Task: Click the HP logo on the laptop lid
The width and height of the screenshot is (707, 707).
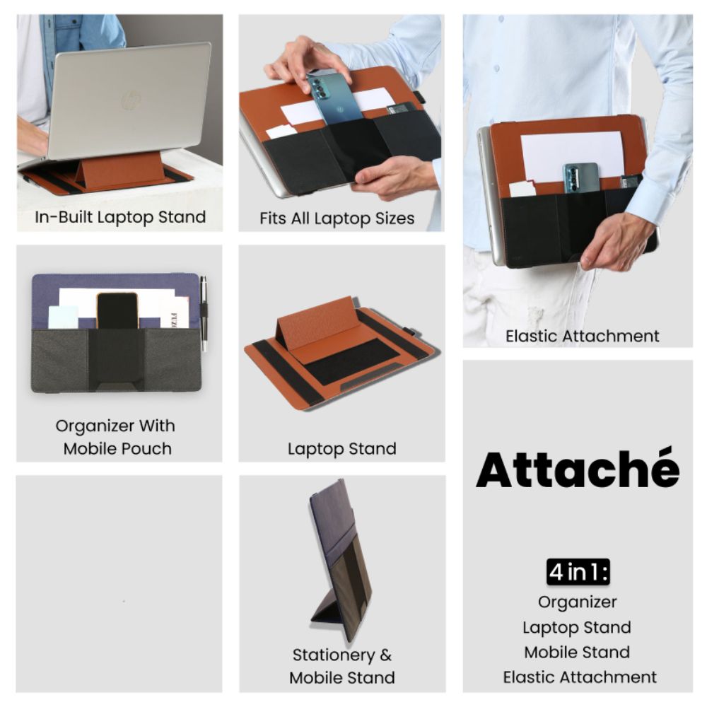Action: click(x=132, y=100)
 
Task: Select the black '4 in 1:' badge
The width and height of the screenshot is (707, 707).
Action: click(x=578, y=572)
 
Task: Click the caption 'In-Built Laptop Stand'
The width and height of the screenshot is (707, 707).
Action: click(x=120, y=217)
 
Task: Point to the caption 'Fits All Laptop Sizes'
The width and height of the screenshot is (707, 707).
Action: click(x=337, y=218)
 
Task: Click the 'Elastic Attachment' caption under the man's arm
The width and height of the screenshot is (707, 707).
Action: click(x=582, y=336)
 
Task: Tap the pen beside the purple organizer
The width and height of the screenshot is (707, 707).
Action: click(x=204, y=312)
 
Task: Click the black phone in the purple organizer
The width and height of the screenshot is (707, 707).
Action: click(x=117, y=310)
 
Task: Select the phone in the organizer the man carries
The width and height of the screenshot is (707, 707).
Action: click(x=580, y=178)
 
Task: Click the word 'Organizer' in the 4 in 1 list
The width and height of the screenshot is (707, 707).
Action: click(x=577, y=602)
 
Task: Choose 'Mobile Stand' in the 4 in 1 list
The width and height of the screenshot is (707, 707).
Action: click(x=577, y=652)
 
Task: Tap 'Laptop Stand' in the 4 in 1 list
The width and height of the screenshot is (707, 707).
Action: click(x=577, y=627)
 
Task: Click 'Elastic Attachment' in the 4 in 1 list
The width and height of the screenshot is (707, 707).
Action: click(x=580, y=677)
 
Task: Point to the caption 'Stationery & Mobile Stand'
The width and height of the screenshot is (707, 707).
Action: click(x=342, y=666)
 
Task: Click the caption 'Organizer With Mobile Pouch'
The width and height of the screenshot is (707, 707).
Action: click(x=115, y=437)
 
